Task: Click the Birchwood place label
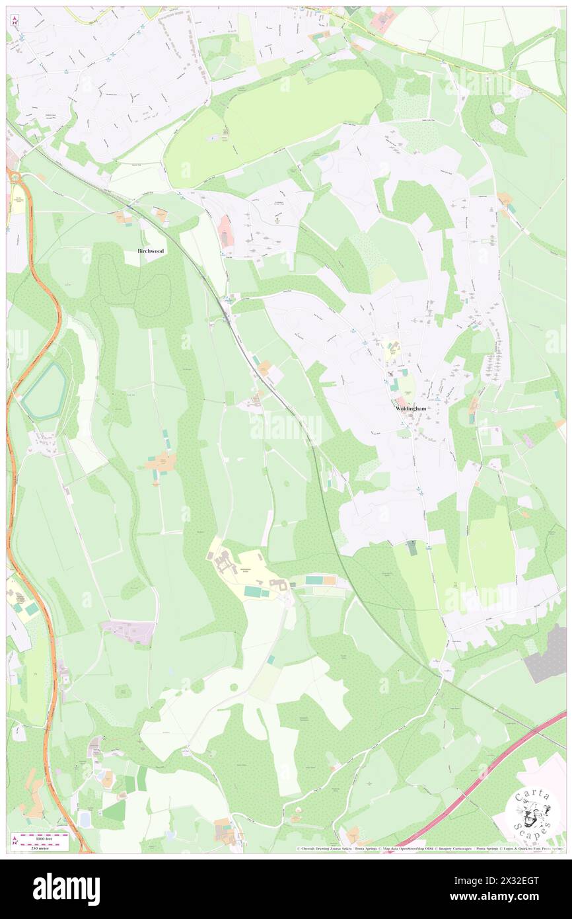(151, 251)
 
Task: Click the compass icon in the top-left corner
(14, 20)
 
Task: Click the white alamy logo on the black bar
(66, 889)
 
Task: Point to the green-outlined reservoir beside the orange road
(44, 391)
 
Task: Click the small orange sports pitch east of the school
(328, 580)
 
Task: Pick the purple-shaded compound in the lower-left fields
(130, 631)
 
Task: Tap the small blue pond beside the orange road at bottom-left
(85, 819)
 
